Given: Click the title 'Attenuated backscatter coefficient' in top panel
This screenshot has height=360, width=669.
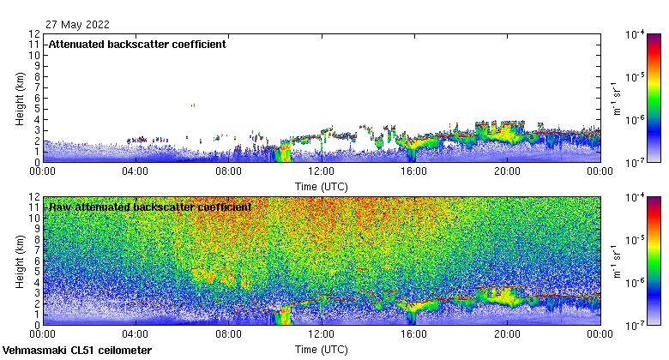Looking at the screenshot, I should tap(137, 45).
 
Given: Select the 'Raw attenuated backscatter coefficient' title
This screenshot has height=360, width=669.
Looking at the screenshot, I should tap(150, 207).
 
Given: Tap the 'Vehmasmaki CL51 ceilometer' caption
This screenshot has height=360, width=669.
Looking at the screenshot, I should tap(77, 351).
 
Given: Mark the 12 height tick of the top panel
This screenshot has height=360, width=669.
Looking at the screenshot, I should tap(34, 34).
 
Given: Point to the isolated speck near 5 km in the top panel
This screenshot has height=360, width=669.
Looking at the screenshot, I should tap(193, 105).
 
